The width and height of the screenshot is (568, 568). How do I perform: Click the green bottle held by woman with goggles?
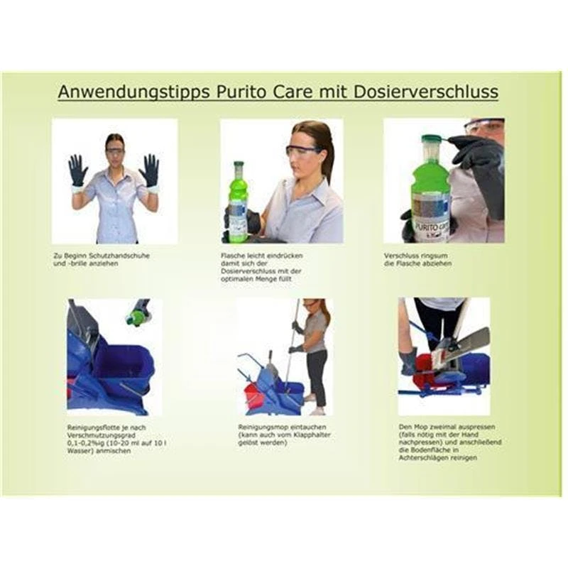coord(237,201)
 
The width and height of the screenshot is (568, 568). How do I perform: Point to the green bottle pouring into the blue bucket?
coord(136,315)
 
